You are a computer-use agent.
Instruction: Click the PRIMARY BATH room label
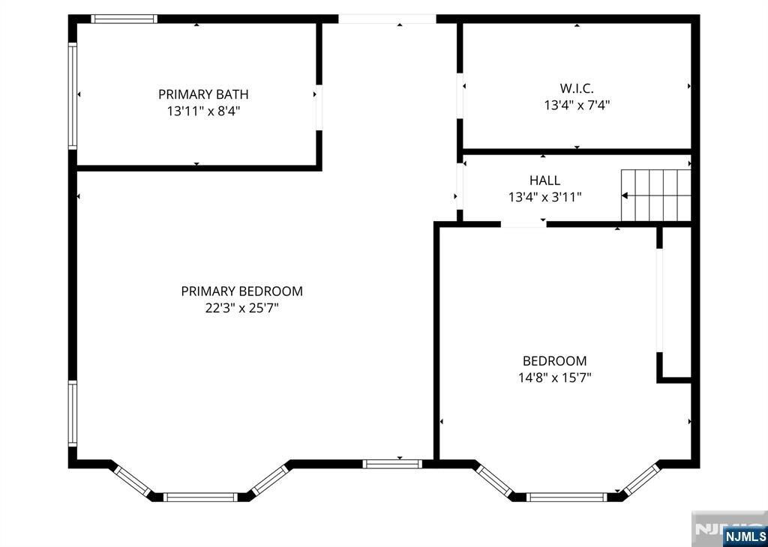pos(203,94)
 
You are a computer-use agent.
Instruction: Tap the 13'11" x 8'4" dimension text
pos(203,112)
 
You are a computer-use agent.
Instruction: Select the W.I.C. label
pos(577,88)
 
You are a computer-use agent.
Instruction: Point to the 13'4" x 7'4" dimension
pos(577,105)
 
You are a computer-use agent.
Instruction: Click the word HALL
pos(544,181)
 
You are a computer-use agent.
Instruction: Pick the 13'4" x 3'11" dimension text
pos(544,197)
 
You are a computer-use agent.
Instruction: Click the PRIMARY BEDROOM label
pos(242,291)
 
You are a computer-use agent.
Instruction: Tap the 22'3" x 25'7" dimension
pos(242,309)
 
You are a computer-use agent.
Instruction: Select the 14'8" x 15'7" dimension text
pos(555,378)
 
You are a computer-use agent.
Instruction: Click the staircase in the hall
pos(655,196)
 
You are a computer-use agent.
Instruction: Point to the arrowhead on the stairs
pos(625,196)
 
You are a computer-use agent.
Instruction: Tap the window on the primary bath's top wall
pos(124,19)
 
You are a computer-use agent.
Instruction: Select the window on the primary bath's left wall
pos(73,96)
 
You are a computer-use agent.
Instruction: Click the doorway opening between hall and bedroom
pos(523,225)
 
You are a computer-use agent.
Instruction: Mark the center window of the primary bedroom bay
pos(199,497)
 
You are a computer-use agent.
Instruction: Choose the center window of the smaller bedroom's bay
pos(567,497)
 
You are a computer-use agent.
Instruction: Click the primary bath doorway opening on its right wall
pos(318,108)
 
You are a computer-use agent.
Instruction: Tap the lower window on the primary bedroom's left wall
pos(73,414)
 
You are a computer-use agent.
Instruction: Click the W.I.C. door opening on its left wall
pos(460,96)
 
